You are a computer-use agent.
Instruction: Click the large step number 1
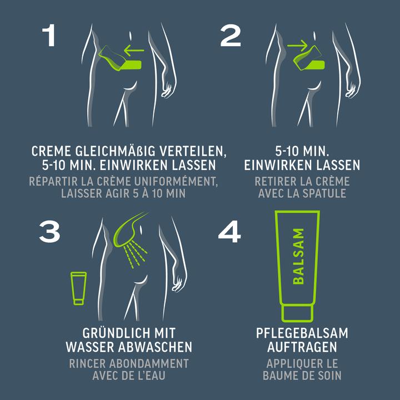pos(49,35)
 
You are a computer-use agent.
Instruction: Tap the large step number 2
pos(231,36)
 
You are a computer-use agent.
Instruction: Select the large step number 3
pos(50,232)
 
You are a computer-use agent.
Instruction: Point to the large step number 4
pos(229,232)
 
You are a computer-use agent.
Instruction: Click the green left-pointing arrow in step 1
pos(134,50)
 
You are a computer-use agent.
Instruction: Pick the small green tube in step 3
pos(78,288)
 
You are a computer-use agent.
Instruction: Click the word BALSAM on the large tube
pos(298,256)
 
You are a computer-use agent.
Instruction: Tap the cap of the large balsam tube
pos(297,313)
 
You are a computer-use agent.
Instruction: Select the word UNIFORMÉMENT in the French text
pos(176,181)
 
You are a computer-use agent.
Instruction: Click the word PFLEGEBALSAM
pos(302,333)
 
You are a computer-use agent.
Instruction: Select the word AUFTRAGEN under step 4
pos(302,347)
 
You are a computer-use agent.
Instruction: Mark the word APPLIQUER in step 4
pos(294,363)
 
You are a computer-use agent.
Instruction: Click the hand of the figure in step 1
pos(167,89)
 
